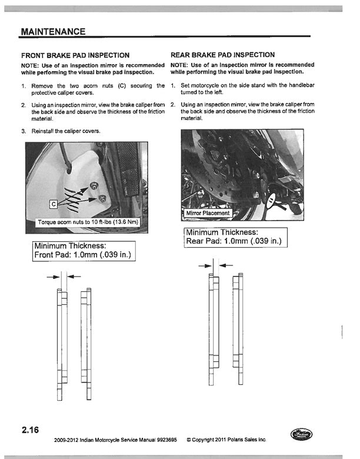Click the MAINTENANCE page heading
point(52,31)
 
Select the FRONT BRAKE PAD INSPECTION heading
point(75,55)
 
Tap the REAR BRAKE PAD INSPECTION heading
point(222,55)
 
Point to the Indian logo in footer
point(302,436)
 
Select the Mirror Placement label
point(208,212)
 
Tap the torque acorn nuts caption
point(86,222)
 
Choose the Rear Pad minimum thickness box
point(235,237)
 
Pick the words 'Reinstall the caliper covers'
point(65,131)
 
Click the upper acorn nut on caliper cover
point(94,186)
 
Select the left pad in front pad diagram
point(61,344)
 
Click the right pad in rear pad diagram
point(237,330)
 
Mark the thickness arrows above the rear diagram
point(216,266)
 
